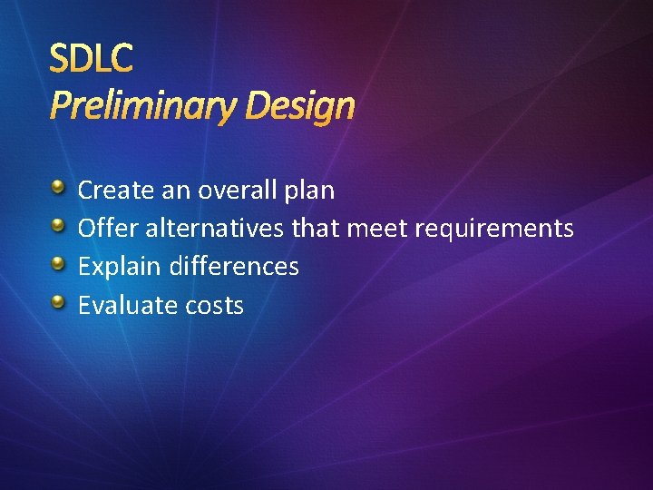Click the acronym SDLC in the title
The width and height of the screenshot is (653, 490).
92,59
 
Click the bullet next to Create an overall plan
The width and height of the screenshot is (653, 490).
58,188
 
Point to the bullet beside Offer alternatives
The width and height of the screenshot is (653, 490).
58,226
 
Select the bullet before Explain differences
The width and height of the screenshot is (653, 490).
58,264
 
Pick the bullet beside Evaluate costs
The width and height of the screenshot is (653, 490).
58,302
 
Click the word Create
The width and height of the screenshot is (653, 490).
115,191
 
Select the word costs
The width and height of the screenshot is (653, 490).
214,306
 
